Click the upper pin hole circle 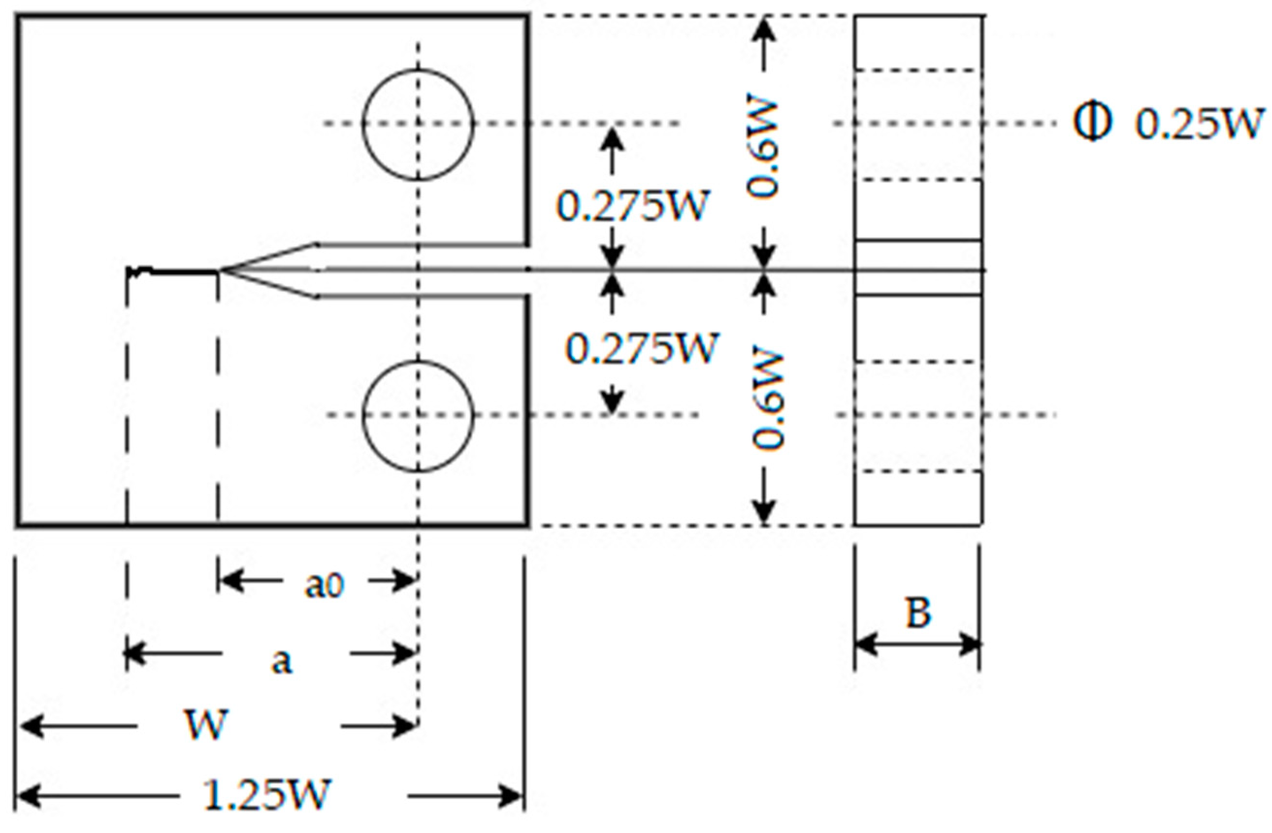[418, 125]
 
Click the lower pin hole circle [418, 416]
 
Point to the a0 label [325, 586]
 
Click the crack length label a [282, 663]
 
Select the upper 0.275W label [632, 206]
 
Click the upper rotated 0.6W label [763, 148]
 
